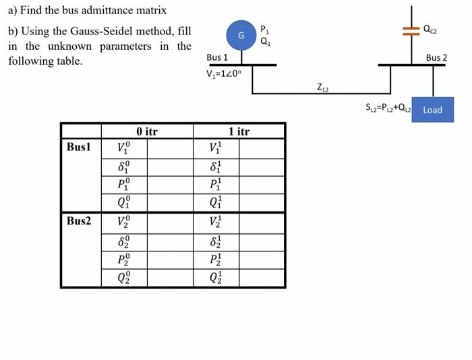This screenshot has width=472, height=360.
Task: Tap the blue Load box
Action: point(432,110)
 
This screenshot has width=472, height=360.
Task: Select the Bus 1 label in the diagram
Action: point(217,58)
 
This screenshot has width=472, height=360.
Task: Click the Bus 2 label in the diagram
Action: point(436,58)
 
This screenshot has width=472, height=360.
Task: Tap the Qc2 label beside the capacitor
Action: point(430,29)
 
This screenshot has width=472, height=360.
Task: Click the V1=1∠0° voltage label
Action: point(226,74)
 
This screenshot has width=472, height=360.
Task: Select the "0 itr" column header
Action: point(146,131)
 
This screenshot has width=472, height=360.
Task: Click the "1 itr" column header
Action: point(239,131)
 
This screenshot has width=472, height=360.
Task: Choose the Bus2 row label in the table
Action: point(80,220)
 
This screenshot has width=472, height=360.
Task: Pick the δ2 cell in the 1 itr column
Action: point(214,240)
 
